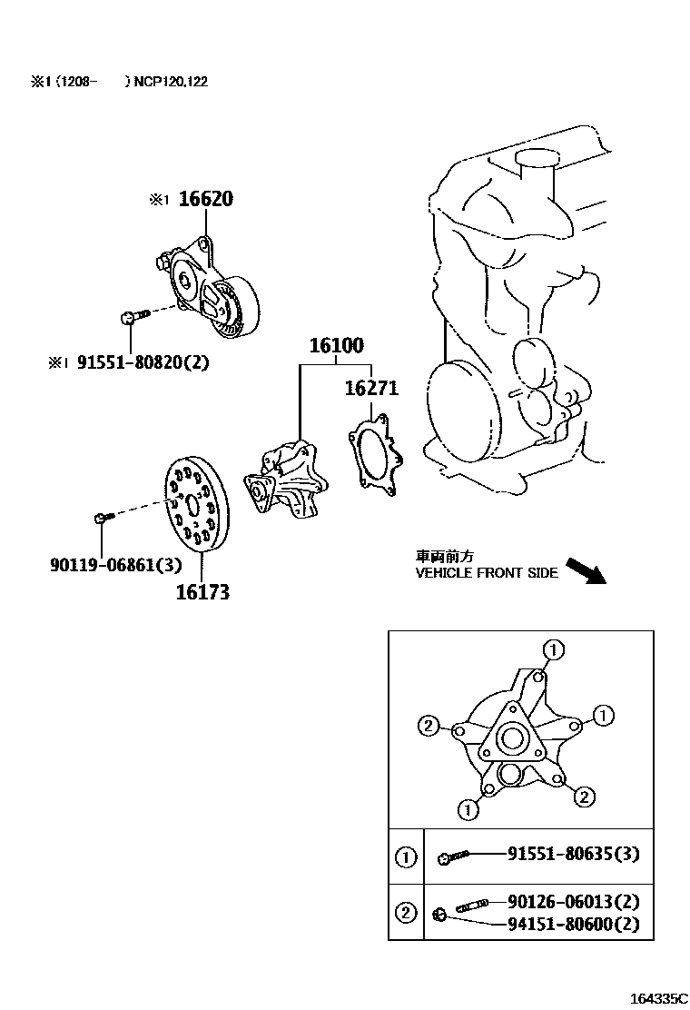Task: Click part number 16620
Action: point(204,199)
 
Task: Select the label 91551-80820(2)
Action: point(143,361)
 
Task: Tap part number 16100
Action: point(336,346)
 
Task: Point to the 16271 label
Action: point(371,389)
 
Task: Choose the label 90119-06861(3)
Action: point(115,565)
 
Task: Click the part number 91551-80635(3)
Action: point(579,854)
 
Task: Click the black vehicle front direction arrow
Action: point(585,571)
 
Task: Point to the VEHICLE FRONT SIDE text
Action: point(487,573)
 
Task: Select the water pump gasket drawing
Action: point(374,453)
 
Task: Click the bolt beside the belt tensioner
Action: point(129,317)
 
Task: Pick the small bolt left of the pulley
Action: point(102,518)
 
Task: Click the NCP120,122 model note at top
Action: point(172,82)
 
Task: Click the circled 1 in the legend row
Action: point(406,856)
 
